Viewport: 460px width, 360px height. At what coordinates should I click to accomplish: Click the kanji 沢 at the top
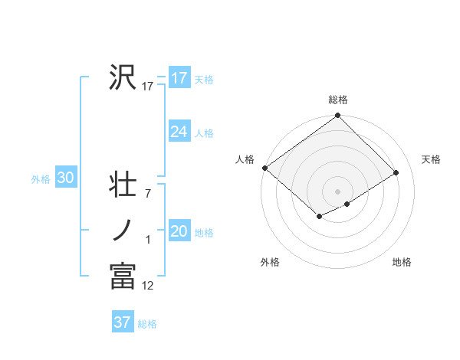click(x=123, y=77)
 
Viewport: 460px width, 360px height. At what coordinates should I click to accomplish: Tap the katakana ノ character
click(x=123, y=230)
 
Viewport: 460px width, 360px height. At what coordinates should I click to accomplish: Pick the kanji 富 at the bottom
click(x=123, y=276)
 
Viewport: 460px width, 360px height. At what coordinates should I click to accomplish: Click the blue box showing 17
click(x=179, y=78)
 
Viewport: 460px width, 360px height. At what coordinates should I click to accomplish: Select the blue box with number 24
click(x=179, y=132)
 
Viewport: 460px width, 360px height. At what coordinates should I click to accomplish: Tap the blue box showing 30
click(x=65, y=178)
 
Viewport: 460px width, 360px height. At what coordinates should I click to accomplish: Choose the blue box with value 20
click(x=179, y=231)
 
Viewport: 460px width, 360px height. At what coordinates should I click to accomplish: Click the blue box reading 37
click(x=122, y=322)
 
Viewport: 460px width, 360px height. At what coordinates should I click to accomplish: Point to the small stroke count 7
click(x=148, y=194)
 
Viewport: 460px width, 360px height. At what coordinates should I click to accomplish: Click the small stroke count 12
click(x=148, y=286)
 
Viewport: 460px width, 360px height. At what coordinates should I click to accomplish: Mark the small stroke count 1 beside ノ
click(x=148, y=240)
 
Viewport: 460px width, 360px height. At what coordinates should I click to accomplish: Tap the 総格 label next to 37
click(x=147, y=324)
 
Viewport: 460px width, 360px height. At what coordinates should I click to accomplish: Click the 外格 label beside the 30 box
click(x=41, y=179)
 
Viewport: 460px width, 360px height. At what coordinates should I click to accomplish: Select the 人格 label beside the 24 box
click(x=204, y=133)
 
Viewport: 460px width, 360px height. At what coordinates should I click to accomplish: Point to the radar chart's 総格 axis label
click(x=337, y=100)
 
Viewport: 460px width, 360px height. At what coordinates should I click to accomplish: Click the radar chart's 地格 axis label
click(x=402, y=262)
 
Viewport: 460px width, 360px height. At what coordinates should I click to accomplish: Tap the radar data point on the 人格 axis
click(x=264, y=168)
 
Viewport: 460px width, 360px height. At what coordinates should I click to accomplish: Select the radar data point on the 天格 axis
click(x=396, y=172)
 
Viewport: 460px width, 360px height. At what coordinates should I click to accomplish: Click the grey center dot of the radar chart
click(x=337, y=191)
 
